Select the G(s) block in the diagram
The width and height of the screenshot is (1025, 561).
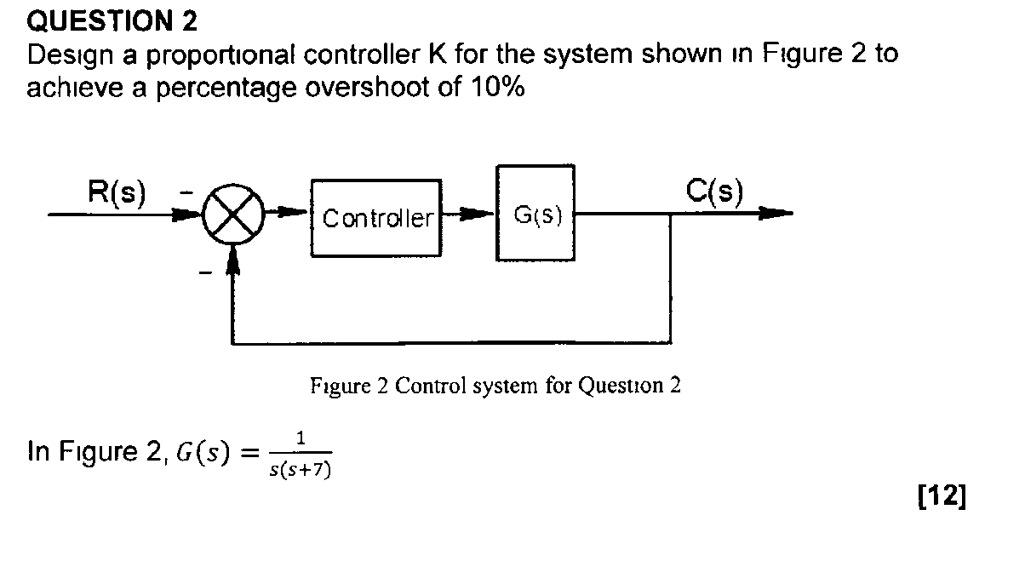[x=535, y=215]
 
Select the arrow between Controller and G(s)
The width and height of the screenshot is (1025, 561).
[x=468, y=215]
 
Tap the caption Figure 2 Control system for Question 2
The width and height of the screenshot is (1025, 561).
[x=495, y=386]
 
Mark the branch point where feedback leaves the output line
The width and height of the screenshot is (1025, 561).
[x=672, y=215]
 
